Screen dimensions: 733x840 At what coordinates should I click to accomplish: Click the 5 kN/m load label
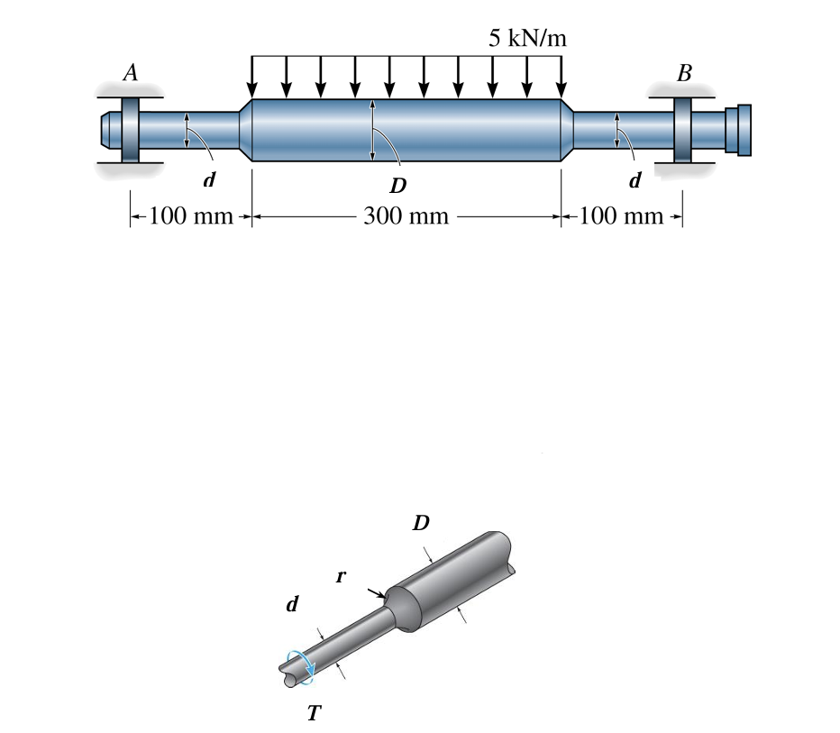point(528,38)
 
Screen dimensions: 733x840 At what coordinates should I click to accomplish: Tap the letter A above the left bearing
point(131,73)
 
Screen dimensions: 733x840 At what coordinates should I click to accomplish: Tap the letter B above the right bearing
point(684,73)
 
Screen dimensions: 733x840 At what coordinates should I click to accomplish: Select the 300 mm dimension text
point(406,217)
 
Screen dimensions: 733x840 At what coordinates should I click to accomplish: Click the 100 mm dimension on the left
point(190,217)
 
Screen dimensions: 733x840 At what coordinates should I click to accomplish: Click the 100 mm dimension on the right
point(621,217)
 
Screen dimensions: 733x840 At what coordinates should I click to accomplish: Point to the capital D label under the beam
point(397,186)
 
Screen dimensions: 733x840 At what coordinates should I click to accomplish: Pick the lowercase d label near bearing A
point(209,179)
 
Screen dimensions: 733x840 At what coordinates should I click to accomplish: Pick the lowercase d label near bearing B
point(635,179)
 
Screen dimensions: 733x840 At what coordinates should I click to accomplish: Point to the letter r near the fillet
point(341,576)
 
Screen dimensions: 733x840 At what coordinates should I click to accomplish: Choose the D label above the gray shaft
point(421,522)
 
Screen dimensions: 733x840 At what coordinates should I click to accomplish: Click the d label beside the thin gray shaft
point(292,604)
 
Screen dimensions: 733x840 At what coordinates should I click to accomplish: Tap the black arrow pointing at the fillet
point(377,592)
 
